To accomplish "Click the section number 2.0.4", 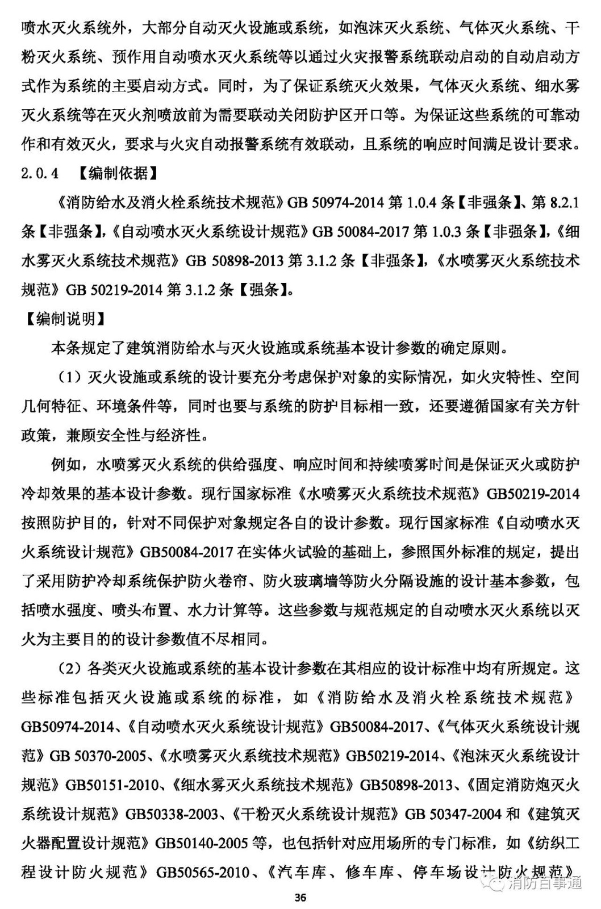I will pos(40,173).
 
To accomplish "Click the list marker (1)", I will pos(70,377).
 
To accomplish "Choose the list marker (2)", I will pos(70,668).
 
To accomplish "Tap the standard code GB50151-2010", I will pos(112,785).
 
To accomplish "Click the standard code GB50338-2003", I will pos(172,814).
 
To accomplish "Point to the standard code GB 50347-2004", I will pos(453,814).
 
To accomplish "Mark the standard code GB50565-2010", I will pos(203,872).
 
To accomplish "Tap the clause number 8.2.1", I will pos(564,202).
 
